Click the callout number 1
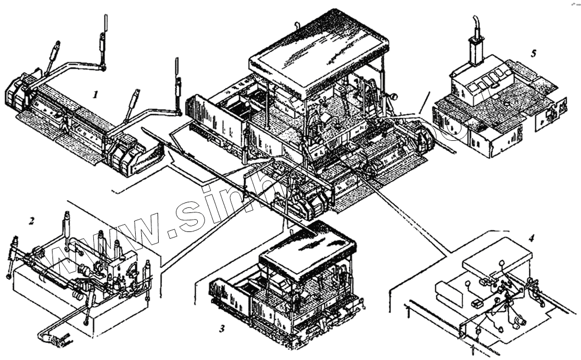tap(96, 94)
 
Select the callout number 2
tap(32, 221)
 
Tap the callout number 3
tap(222, 329)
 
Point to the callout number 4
tap(531, 238)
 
